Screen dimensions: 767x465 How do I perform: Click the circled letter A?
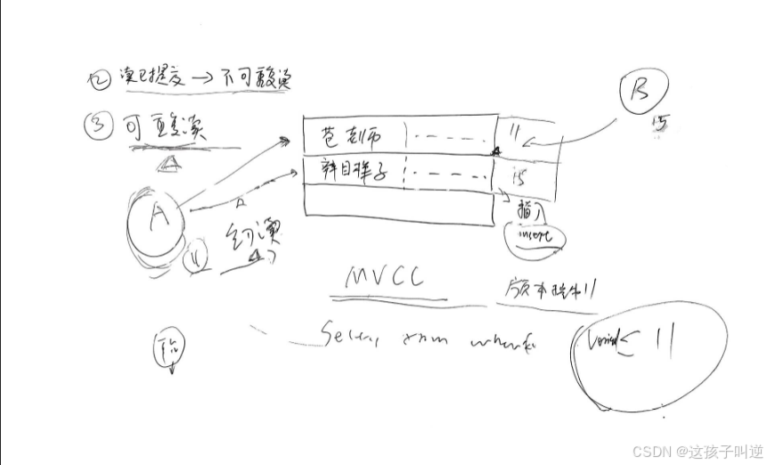pos(157,221)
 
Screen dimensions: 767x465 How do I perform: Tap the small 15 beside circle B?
pos(660,124)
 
